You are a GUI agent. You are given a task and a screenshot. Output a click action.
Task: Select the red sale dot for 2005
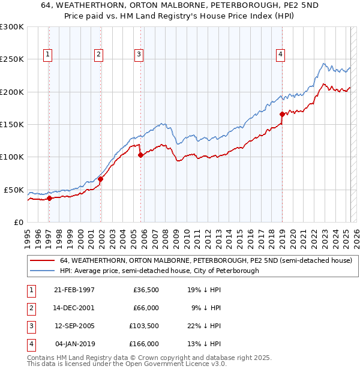[x=140, y=155]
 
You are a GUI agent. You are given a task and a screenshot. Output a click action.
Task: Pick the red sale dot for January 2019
[x=282, y=114]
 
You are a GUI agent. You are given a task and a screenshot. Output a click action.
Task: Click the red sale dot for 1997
[x=50, y=199]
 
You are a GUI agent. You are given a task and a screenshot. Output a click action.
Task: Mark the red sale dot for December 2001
[x=101, y=179]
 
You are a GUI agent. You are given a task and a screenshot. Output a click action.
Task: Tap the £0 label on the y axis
[x=19, y=222]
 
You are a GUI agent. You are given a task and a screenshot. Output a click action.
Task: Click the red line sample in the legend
[x=42, y=260]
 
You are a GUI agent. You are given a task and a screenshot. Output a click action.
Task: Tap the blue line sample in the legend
[x=42, y=271]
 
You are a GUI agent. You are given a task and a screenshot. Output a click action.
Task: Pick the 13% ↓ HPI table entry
[x=204, y=344]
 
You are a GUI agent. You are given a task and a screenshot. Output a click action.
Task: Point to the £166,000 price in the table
[x=143, y=344]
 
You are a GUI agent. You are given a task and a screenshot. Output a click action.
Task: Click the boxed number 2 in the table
[x=29, y=308]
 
